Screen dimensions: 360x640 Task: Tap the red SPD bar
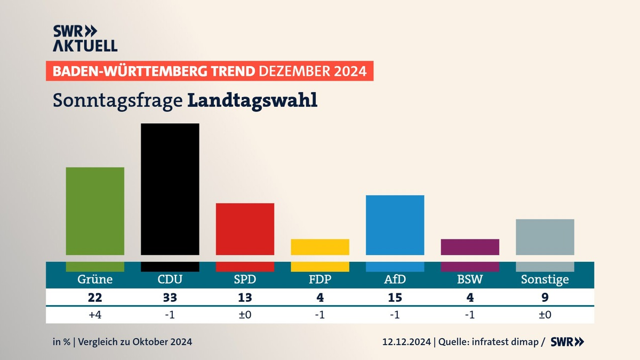(x=245, y=229)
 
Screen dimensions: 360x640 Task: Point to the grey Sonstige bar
(x=545, y=237)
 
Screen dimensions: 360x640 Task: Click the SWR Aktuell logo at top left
(x=85, y=38)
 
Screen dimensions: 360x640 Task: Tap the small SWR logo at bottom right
(x=567, y=342)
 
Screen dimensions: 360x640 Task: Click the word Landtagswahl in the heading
(x=252, y=100)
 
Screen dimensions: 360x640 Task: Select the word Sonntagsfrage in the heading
(x=118, y=100)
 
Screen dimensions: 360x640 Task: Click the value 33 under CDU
(x=170, y=297)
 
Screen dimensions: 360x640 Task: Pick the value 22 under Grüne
(x=95, y=297)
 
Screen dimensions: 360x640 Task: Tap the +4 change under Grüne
(x=95, y=315)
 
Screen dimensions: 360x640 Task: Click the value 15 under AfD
(x=395, y=297)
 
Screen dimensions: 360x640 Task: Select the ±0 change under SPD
(x=245, y=315)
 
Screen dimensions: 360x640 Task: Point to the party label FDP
(x=320, y=279)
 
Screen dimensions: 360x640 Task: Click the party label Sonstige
(x=545, y=279)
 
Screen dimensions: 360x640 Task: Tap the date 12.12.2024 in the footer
(x=407, y=342)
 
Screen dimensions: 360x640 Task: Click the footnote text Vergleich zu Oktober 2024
(x=135, y=342)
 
